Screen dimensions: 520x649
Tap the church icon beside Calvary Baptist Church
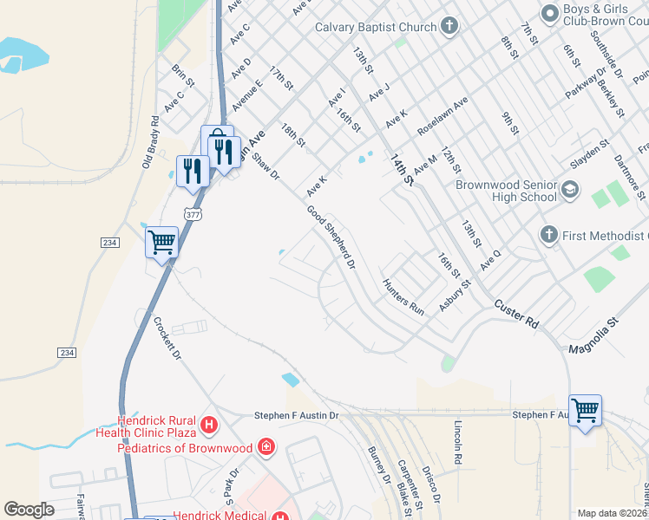click(449, 26)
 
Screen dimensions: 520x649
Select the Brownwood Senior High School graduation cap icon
click(570, 189)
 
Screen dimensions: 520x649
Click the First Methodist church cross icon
click(547, 235)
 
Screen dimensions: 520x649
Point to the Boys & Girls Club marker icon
click(548, 13)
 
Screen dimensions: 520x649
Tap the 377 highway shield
click(193, 213)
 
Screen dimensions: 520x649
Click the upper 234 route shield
click(109, 244)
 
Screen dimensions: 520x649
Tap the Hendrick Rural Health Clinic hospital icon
click(208, 425)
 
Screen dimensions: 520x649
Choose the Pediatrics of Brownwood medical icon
click(267, 447)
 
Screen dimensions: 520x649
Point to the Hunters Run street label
click(404, 296)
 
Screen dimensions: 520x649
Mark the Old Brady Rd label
click(149, 143)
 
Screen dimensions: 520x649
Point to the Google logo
click(29, 510)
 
